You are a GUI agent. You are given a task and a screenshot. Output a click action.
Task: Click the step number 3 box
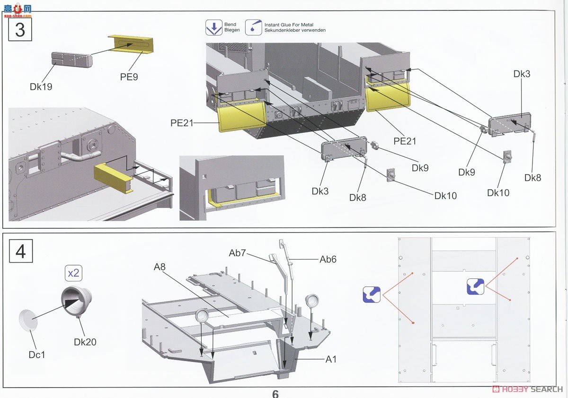tap(20, 30)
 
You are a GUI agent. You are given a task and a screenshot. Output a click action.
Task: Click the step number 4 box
tap(20, 251)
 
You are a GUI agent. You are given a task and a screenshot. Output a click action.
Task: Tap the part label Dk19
tap(41, 87)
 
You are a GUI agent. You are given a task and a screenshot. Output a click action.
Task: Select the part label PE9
tap(129, 77)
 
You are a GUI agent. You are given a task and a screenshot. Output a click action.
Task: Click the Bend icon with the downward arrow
tap(214, 28)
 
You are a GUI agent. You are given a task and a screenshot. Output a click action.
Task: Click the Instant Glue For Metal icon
tap(254, 28)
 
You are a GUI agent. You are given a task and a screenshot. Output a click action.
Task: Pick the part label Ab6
tap(328, 259)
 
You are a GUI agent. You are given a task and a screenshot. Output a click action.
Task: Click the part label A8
tap(160, 267)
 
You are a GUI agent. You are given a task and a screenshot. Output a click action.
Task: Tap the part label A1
tap(331, 359)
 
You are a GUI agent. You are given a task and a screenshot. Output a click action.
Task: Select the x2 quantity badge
tap(73, 273)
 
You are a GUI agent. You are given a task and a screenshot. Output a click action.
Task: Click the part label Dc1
tap(36, 353)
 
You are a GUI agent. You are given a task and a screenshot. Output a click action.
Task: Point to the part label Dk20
tap(85, 341)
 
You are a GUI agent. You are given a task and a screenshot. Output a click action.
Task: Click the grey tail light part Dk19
tap(71, 60)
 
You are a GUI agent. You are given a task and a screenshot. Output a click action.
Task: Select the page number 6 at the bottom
tap(275, 394)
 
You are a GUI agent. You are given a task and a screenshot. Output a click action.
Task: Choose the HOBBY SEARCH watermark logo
tap(527, 389)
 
